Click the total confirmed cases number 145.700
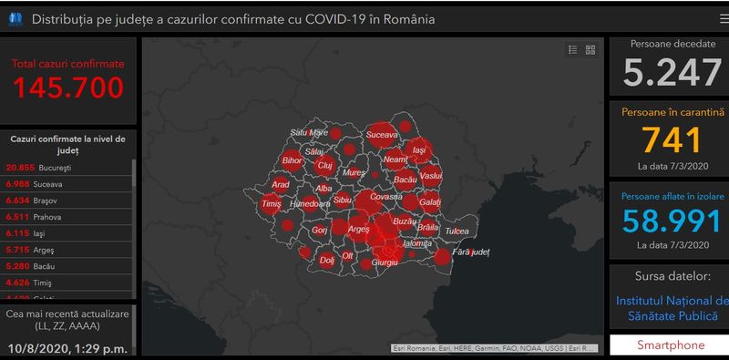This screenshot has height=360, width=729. [68, 87]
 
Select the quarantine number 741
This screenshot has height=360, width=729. [672, 140]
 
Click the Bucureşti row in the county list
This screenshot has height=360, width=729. [67, 168]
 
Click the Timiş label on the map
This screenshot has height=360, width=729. [271, 206]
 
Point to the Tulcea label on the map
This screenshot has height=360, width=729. [458, 232]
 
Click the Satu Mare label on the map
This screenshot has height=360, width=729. [308, 132]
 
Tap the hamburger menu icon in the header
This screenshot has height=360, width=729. [723, 18]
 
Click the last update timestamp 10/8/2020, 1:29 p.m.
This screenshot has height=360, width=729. [67, 347]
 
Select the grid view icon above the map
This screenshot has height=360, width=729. [590, 50]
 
